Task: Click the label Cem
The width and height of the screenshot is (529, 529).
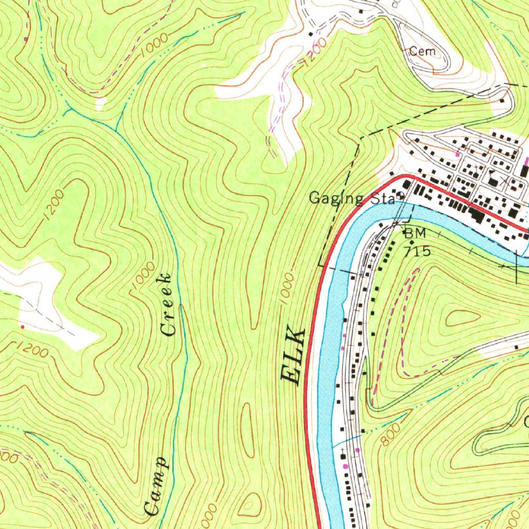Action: [423, 51]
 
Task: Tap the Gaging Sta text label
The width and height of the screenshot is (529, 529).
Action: [352, 198]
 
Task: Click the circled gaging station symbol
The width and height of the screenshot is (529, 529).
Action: [400, 196]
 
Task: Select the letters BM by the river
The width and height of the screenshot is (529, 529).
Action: [415, 234]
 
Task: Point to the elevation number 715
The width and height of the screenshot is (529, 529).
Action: [417, 252]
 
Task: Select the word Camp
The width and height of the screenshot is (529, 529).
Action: [156, 486]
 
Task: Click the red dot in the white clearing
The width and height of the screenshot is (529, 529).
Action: [22, 326]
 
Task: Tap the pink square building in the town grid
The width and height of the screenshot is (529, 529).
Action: [457, 154]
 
